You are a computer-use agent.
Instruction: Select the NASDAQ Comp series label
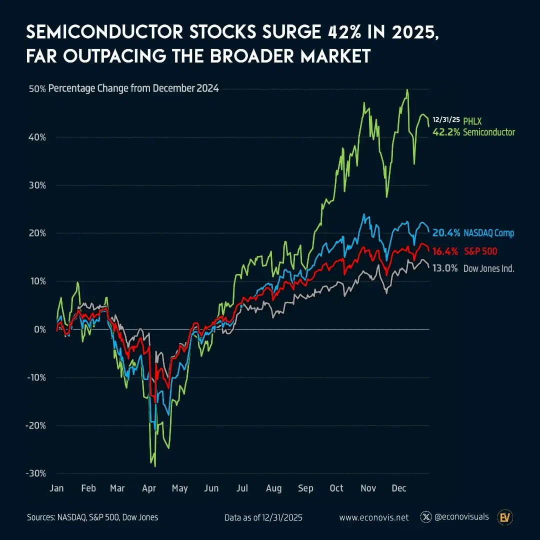click(488, 233)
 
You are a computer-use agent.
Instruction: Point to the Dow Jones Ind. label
click(488, 268)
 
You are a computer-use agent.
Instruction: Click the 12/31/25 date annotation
click(446, 120)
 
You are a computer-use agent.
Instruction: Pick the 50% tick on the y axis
click(37, 89)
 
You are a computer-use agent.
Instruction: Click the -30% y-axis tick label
click(36, 473)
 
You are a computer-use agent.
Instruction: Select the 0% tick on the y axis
click(40, 329)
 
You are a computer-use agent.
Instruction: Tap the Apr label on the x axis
click(149, 488)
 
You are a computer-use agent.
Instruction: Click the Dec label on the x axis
click(398, 488)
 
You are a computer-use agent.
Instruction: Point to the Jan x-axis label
click(56, 488)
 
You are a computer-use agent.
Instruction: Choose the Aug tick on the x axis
click(273, 488)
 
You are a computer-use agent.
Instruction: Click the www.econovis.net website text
click(373, 517)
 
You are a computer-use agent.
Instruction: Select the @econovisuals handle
click(461, 517)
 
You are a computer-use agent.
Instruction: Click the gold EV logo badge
click(505, 517)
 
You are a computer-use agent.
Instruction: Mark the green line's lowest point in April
click(155, 466)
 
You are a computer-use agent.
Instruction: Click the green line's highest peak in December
click(407, 90)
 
